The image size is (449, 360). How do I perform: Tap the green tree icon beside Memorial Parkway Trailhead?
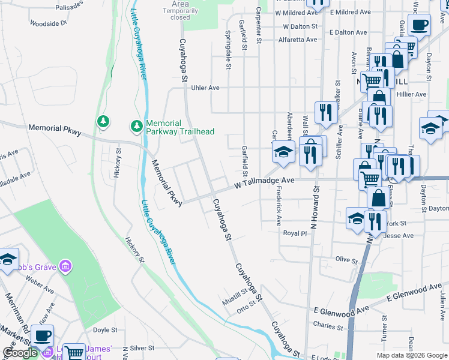[136, 126]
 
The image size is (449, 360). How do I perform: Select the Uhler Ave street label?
[205, 88]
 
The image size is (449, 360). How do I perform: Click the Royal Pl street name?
[295, 233]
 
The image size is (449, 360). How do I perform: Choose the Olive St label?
[346, 260]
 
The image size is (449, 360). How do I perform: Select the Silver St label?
[142, 348]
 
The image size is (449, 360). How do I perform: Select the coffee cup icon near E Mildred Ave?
[419, 26]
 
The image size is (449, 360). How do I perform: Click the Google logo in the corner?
[20, 353]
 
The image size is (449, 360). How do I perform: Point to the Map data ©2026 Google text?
[412, 355]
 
